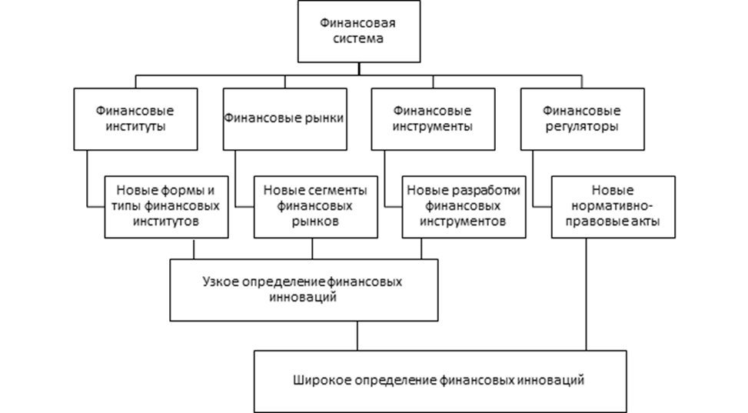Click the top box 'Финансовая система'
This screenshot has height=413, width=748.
(x=359, y=31)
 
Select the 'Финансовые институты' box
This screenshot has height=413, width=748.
(x=135, y=118)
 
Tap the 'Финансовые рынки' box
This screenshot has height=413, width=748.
(x=284, y=118)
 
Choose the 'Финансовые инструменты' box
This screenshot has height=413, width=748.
(x=433, y=118)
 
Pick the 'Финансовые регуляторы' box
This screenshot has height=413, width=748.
(x=582, y=118)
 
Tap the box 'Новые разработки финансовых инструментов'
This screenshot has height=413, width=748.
(x=464, y=206)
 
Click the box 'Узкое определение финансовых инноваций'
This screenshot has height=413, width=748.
(x=304, y=289)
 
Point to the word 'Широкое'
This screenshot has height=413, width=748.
(x=315, y=380)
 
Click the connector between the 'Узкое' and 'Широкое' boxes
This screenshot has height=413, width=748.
(x=357, y=335)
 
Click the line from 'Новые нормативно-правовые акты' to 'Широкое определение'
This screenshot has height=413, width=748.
(x=586, y=292)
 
